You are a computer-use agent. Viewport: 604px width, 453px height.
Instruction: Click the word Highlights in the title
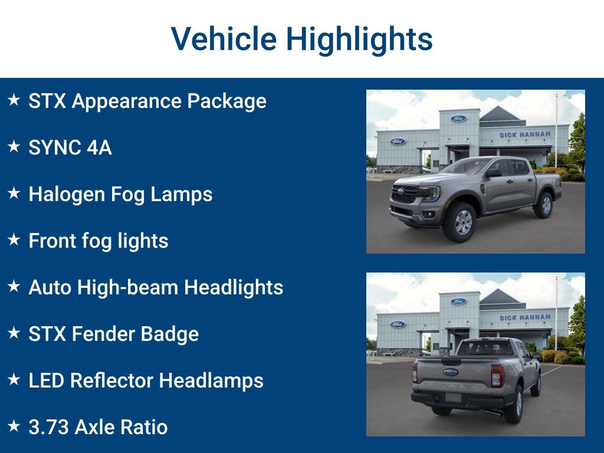(359, 39)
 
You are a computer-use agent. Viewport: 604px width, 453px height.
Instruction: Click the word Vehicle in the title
(224, 39)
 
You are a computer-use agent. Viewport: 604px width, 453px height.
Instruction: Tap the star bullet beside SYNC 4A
(14, 147)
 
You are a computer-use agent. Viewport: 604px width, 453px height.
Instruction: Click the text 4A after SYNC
(99, 147)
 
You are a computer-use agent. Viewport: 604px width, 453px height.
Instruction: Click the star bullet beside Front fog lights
(14, 240)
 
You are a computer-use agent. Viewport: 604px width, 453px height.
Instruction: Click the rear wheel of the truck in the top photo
(543, 204)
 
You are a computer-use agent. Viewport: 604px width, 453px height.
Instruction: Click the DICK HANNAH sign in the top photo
(525, 134)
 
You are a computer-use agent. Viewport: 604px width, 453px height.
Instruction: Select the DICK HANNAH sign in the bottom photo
(525, 317)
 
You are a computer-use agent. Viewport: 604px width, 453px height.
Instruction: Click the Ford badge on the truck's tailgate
(451, 372)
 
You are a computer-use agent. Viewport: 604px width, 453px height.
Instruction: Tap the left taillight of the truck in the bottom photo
(415, 372)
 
